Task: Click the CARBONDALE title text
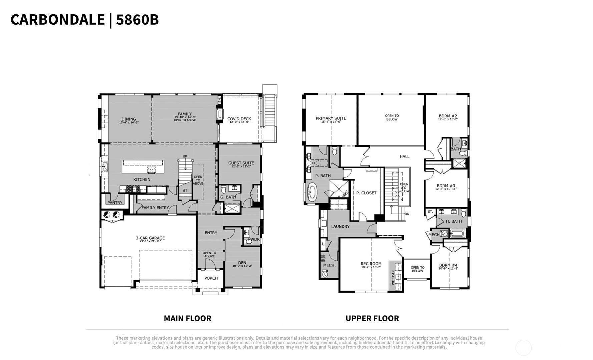57,20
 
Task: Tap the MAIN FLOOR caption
187,318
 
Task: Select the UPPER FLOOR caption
372,318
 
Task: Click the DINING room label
129,119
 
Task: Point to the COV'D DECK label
239,119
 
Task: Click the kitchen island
143,167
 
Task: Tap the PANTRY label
115,203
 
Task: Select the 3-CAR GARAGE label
150,238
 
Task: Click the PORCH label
211,278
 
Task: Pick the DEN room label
242,263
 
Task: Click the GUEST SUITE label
241,163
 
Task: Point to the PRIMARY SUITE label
331,118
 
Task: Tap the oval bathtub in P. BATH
313,193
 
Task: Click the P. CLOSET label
366,193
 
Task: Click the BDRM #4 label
448,265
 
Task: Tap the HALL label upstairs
404,156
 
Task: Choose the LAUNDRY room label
340,227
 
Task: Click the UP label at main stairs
185,156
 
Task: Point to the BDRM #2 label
448,116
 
